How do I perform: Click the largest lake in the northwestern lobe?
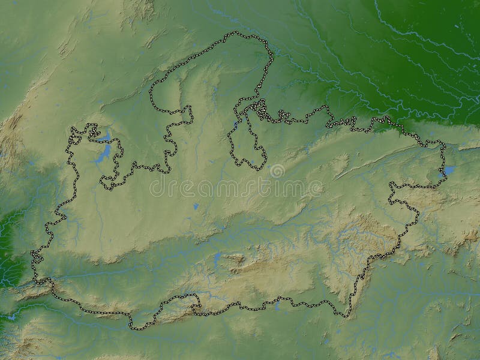coord(103,154)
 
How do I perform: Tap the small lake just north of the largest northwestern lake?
coord(106,137)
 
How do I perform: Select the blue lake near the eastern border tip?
coord(449,170)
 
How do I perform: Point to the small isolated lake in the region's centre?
coord(196,206)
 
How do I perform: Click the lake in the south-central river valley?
coord(217,259)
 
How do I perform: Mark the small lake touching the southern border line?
coord(277,307)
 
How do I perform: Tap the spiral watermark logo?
coord(277,171)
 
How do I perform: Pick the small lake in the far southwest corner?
coord(11,316)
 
